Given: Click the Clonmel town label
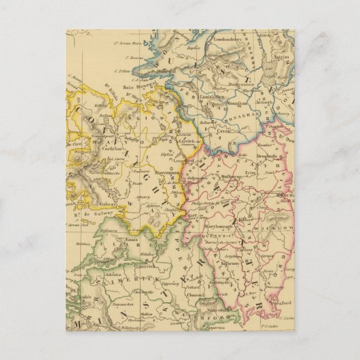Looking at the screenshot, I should tap(198, 296).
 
